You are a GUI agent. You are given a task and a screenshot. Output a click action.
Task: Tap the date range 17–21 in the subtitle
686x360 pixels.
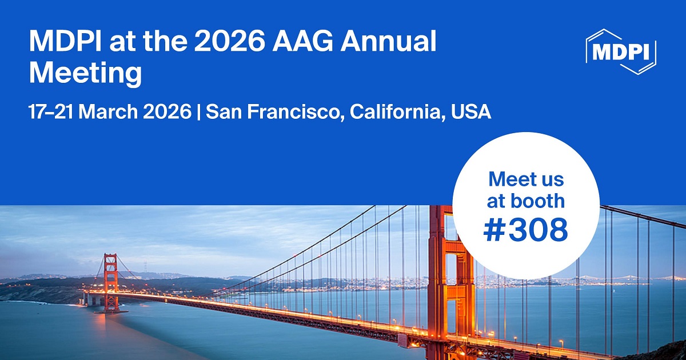51,111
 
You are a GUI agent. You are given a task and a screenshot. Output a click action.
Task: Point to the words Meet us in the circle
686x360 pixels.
526,179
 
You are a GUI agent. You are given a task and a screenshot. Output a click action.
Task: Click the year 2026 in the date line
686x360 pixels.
165,111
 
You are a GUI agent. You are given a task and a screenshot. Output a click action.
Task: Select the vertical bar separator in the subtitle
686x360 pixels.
198,111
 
